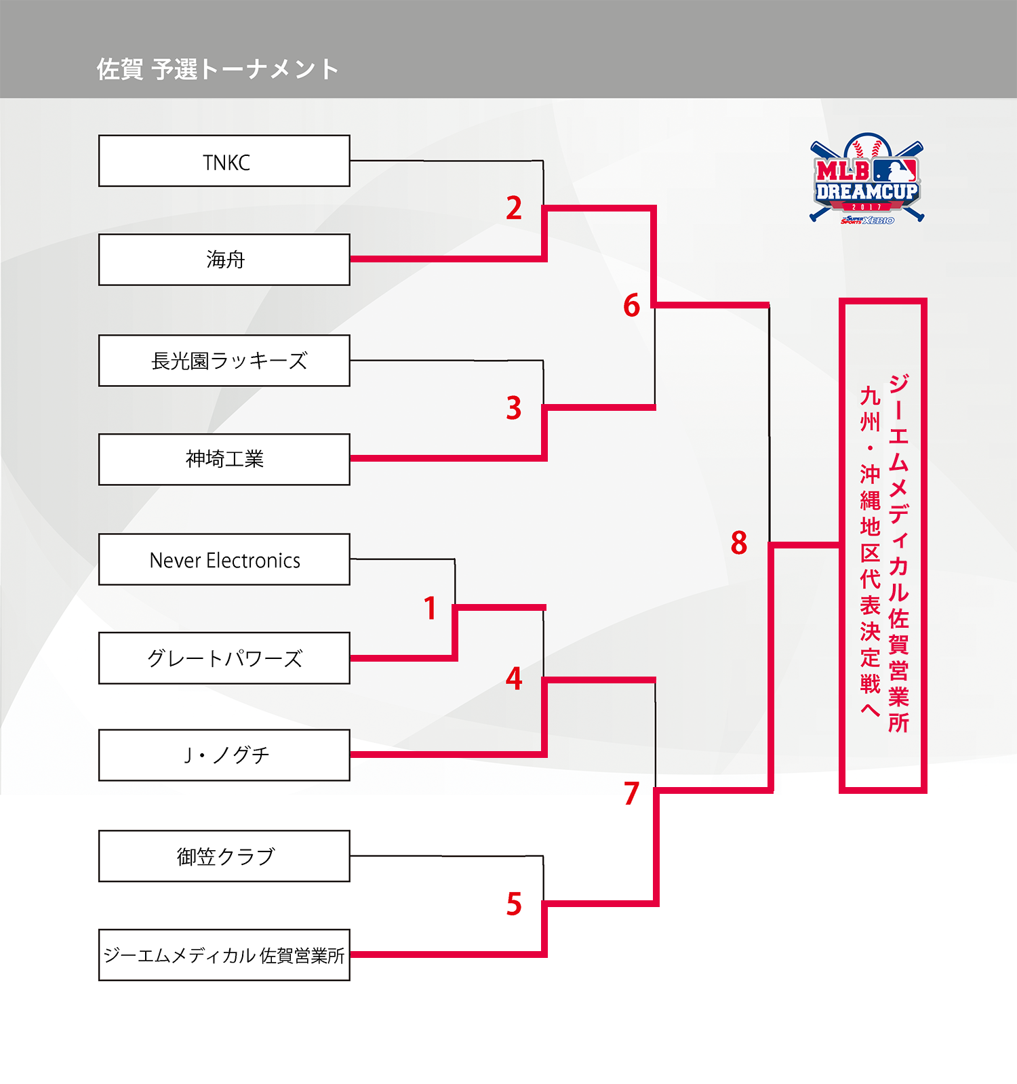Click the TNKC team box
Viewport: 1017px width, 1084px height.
[x=224, y=161]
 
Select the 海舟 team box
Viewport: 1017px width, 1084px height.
[x=224, y=260]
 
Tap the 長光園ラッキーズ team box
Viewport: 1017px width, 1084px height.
[x=224, y=361]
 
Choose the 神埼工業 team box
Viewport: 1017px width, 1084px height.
[x=224, y=460]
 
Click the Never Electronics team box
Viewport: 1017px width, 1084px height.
[x=224, y=560]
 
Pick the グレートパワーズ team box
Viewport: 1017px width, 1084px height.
[x=224, y=658]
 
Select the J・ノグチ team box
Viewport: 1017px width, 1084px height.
[x=224, y=755]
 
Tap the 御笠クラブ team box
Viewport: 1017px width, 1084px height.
[x=224, y=856]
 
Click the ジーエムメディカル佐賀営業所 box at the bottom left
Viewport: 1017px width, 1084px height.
[x=224, y=955]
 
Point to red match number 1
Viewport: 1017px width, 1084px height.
[x=430, y=608]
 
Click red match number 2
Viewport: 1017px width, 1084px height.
[x=514, y=208]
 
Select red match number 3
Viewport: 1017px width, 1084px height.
[x=514, y=408]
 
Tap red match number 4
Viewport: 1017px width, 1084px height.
[x=514, y=679]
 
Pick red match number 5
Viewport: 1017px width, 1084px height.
[x=514, y=904]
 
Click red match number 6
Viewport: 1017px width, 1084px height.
[x=631, y=306]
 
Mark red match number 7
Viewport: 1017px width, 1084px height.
[x=631, y=793]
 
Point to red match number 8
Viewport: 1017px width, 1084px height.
[x=739, y=543]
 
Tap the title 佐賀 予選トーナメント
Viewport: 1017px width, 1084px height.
[x=218, y=69]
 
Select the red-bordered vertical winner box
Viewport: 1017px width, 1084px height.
[x=883, y=546]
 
